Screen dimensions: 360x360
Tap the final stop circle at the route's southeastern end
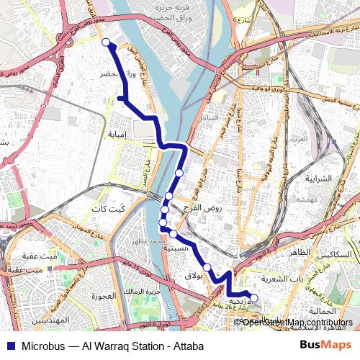tap(253, 297)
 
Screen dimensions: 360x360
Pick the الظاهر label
tap(303, 253)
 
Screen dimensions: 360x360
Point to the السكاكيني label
tap(336, 255)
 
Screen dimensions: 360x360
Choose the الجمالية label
tap(323, 311)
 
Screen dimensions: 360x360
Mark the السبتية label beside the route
tap(176, 248)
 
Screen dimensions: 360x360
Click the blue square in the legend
tap(9, 346)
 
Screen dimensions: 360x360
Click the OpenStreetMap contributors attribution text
tap(297, 323)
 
